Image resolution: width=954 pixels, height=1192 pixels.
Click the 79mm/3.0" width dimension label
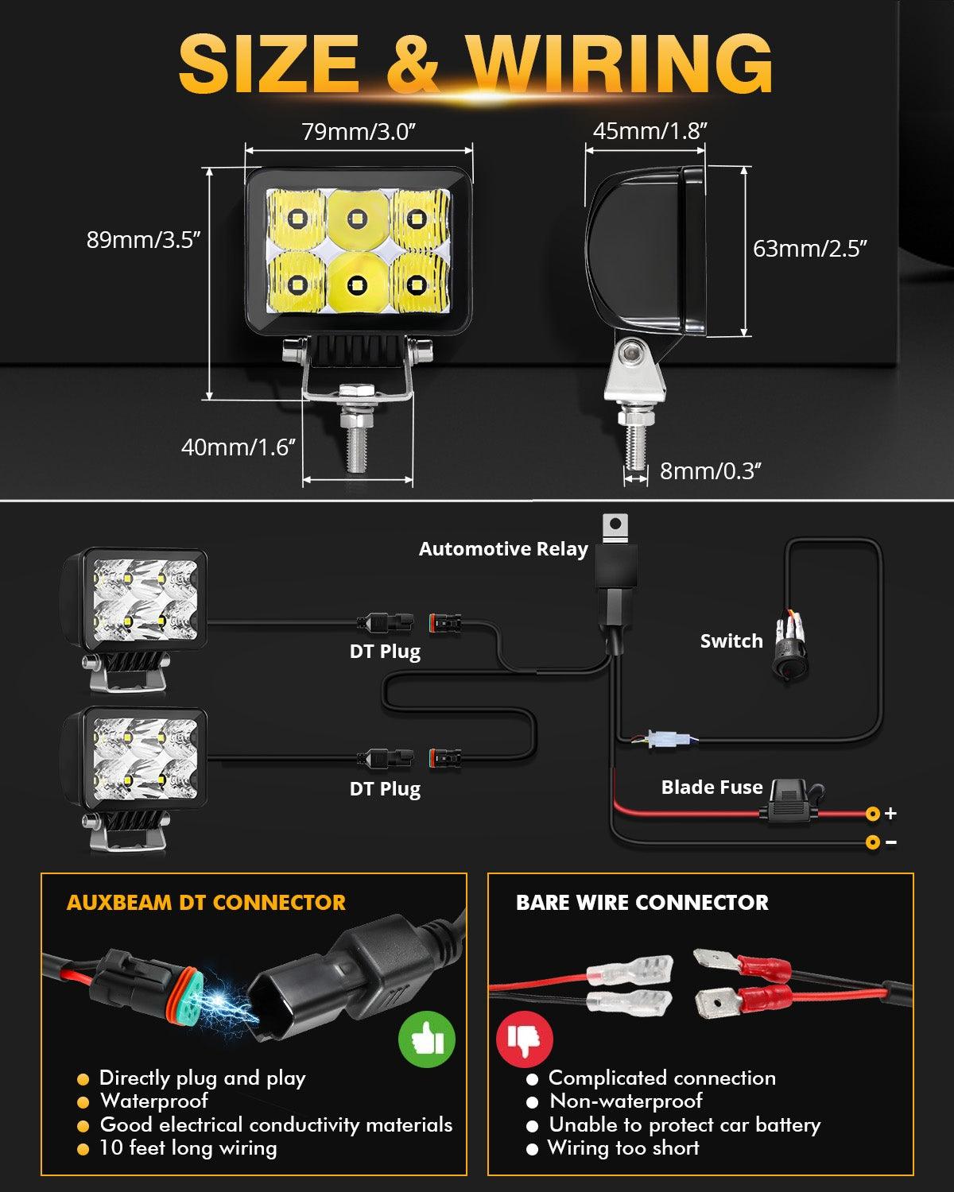click(358, 132)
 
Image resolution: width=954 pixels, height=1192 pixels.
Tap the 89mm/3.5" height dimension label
click(143, 240)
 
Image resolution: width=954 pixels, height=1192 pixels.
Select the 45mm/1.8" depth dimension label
click(650, 131)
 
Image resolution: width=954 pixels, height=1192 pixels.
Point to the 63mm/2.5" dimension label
click(809, 249)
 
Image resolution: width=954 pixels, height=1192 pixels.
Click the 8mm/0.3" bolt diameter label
click(710, 471)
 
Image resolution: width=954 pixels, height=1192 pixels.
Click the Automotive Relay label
click(503, 549)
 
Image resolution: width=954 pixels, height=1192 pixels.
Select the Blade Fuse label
click(712, 788)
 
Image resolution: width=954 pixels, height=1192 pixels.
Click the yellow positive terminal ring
click(872, 814)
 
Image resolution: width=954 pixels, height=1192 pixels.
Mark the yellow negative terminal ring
click(872, 842)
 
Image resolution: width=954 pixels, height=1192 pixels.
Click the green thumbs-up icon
click(427, 1039)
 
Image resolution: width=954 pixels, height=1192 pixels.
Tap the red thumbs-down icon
click(525, 1039)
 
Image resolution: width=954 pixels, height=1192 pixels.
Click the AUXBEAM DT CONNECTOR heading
click(206, 903)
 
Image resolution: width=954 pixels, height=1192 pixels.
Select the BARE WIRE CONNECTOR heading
click(642, 903)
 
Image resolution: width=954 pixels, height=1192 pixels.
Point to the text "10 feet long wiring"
click(188, 1148)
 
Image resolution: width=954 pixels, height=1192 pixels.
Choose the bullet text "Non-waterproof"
click(626, 1101)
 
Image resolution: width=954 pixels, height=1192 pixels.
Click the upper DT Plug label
click(385, 652)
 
